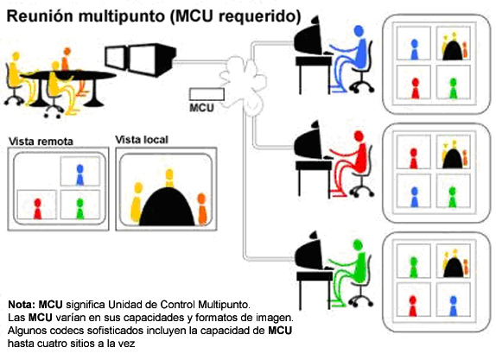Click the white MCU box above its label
(x=207, y=94)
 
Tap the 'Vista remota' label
(x=41, y=142)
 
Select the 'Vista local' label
(x=142, y=140)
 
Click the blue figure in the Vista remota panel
(x=80, y=174)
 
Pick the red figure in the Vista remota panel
(x=38, y=209)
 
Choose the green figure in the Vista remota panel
(x=80, y=209)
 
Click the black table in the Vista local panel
(x=167, y=206)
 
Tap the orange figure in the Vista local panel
(x=202, y=209)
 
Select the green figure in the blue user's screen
(x=454, y=88)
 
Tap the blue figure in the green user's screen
(x=454, y=306)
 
